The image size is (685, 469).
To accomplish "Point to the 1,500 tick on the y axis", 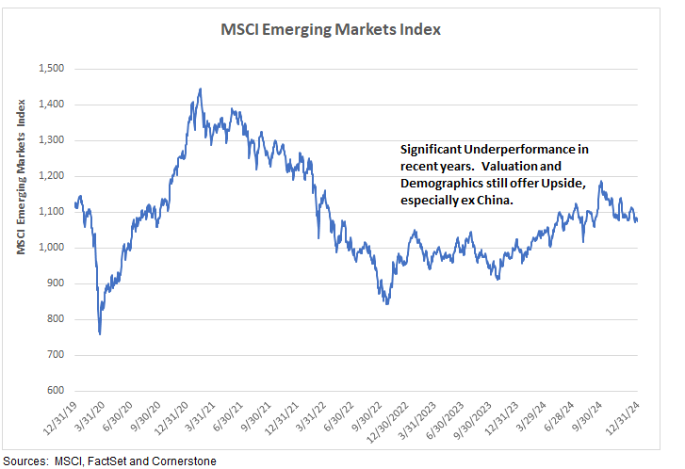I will (x=50, y=69).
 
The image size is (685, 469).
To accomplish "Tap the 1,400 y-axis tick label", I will (x=50, y=105).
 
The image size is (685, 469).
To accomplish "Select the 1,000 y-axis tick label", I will (x=50, y=248).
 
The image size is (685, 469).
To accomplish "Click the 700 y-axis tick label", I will (x=55, y=355).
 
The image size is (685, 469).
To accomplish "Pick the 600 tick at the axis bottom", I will (x=55, y=391).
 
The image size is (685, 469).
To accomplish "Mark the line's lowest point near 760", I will (x=100, y=333).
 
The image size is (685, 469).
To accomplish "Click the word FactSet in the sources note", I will (x=97, y=461).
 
